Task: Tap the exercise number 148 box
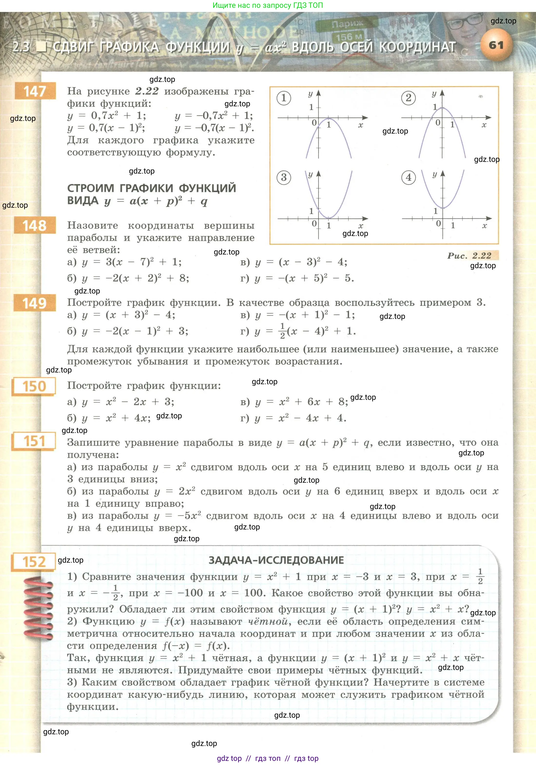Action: tap(35, 226)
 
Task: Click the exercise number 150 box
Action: tap(34, 386)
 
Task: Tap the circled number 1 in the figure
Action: tap(283, 98)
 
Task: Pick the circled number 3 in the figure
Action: tap(283, 177)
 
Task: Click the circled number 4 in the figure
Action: tap(409, 177)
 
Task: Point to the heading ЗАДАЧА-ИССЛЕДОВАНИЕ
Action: tap(276, 560)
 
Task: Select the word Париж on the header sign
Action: tap(347, 24)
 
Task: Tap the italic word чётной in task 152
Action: tap(268, 621)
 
